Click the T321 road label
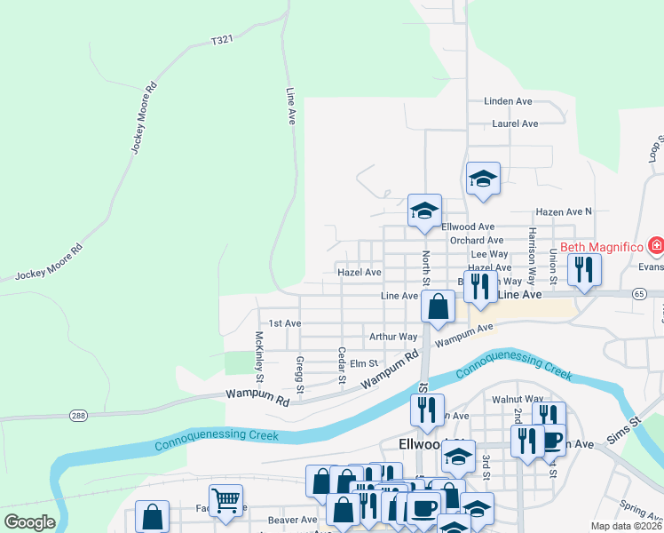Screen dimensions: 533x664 (222, 40)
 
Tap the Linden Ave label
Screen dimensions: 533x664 (508, 101)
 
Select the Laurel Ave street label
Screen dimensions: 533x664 (516, 123)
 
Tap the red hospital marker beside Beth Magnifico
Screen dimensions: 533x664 (656, 244)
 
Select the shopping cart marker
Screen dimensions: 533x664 (225, 499)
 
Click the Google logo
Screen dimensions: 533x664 (30, 521)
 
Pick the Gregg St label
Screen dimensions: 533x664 (300, 374)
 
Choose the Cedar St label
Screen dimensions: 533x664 (342, 367)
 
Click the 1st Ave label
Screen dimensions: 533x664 (280, 323)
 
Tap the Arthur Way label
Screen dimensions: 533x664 (393, 337)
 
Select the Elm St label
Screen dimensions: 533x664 (364, 363)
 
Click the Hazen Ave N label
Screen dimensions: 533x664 (563, 211)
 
